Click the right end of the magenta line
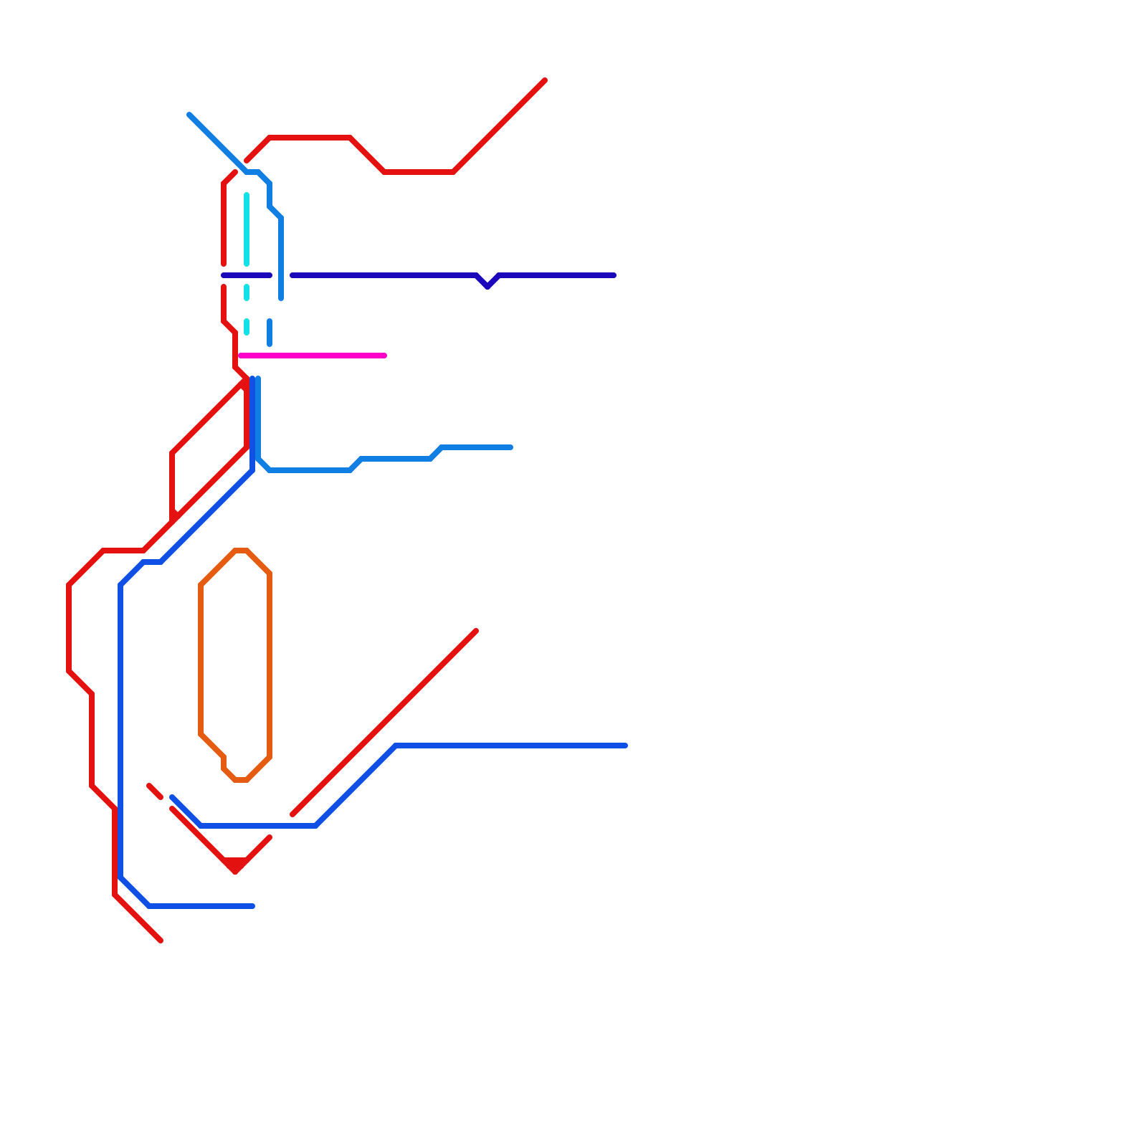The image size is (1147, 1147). (385, 356)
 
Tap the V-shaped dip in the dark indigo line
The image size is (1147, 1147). (487, 285)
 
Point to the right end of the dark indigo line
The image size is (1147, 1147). (614, 275)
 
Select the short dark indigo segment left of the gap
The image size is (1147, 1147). (247, 275)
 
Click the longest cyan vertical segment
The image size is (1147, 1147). (247, 229)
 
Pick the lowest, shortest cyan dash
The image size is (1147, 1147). (247, 327)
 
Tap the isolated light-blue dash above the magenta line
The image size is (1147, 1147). (270, 333)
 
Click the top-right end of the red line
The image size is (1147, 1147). (546, 80)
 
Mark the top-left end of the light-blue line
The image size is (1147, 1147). (189, 115)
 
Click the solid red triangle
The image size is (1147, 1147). (235, 865)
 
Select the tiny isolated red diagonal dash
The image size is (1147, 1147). (155, 791)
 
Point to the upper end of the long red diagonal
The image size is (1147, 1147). (476, 631)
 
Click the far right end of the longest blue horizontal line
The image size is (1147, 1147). (626, 746)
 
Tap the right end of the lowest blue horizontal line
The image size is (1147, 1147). (253, 906)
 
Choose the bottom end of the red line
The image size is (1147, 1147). (161, 941)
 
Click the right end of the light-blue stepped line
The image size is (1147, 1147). (511, 447)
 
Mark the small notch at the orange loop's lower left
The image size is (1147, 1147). (224, 761)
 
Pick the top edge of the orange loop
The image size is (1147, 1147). (241, 551)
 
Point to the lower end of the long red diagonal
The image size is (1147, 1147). (292, 814)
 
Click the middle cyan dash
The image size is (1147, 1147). (247, 292)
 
